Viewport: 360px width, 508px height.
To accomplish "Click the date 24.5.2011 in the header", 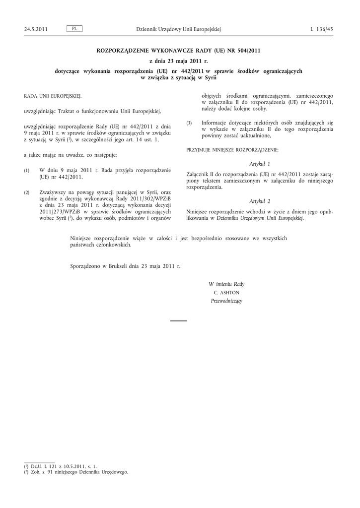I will point(36,29).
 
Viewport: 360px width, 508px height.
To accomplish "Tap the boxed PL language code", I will point(74,29).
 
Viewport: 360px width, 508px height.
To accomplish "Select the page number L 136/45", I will point(322,29).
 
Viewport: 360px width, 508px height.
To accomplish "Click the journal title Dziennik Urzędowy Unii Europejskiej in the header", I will point(178,29).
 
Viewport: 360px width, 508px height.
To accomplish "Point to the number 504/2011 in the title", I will point(247,50).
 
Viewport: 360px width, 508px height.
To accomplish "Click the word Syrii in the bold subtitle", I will point(209,78).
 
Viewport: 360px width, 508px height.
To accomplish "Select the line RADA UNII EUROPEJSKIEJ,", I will point(53,95).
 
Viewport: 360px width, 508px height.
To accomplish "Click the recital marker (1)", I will point(27,170).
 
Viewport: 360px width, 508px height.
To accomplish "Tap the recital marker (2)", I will point(27,192).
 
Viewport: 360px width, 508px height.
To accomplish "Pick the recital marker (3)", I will point(189,123).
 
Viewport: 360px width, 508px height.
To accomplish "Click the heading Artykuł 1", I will point(260,163).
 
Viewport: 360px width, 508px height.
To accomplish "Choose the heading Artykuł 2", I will point(260,201).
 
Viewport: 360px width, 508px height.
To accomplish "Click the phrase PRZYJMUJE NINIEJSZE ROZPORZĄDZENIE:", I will point(232,149).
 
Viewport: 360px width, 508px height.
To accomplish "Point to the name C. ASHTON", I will point(226,293).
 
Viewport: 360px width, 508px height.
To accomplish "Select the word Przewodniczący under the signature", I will point(226,301).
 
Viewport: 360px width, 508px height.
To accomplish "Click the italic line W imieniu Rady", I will point(226,284).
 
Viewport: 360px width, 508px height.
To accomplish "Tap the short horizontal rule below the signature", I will point(178,321).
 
